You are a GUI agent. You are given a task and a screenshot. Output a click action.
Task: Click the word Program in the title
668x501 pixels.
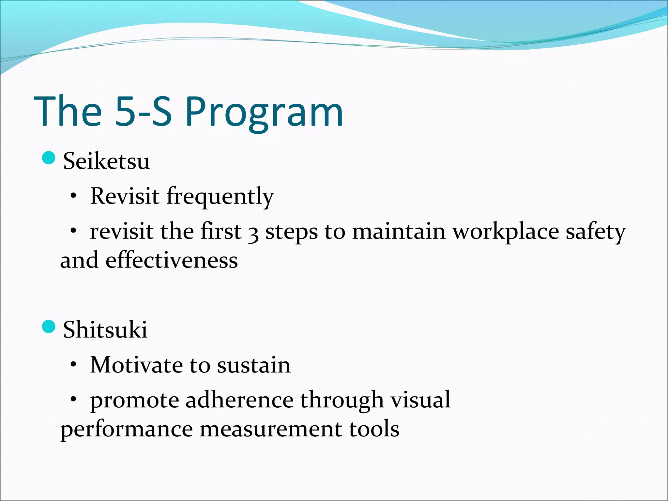264,113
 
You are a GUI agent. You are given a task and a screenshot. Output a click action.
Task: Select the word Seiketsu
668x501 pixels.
106,161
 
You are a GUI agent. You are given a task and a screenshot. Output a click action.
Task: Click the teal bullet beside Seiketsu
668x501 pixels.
49,158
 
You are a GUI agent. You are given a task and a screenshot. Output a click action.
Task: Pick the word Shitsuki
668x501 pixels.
105,329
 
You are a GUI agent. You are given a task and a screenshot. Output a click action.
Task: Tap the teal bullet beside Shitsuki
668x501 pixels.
49,326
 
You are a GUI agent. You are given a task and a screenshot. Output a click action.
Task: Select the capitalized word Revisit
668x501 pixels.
125,196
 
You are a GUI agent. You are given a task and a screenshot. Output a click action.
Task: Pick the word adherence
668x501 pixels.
239,400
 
